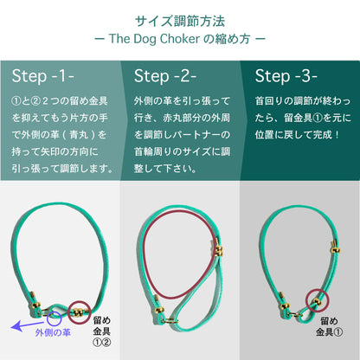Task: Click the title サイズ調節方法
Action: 180,21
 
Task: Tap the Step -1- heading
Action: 43,76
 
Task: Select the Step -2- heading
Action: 165,76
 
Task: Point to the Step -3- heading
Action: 286,76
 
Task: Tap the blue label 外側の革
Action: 53,332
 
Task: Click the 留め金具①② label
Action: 102,331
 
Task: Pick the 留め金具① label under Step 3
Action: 329,326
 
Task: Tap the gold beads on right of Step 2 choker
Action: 219,250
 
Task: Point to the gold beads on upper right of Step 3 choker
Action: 335,250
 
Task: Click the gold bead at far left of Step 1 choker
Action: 36,305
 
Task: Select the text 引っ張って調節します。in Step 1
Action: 63,169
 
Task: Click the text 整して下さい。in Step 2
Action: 165,169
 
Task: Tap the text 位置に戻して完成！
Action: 297,135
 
